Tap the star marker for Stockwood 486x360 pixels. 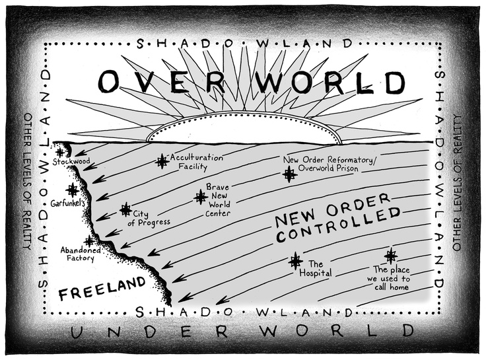[x=60, y=152]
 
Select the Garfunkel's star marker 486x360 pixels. [x=72, y=190]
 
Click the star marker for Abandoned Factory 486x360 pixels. [x=89, y=241]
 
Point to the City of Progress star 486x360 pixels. [x=125, y=210]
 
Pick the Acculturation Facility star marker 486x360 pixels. [x=162, y=161]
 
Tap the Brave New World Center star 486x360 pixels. [x=201, y=196]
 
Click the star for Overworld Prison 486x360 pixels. [x=289, y=174]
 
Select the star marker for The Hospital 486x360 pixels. [x=295, y=261]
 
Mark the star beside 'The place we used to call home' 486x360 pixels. [x=391, y=256]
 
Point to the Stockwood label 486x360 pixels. [x=71, y=162]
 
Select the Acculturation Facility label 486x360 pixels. [x=197, y=162]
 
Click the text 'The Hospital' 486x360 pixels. [x=314, y=268]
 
